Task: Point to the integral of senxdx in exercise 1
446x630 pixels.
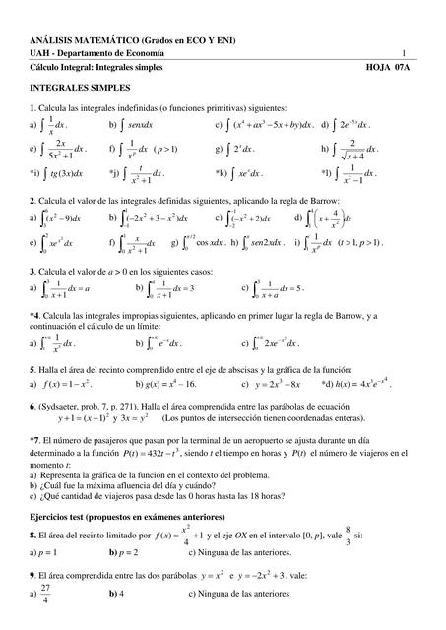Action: click(133, 126)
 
